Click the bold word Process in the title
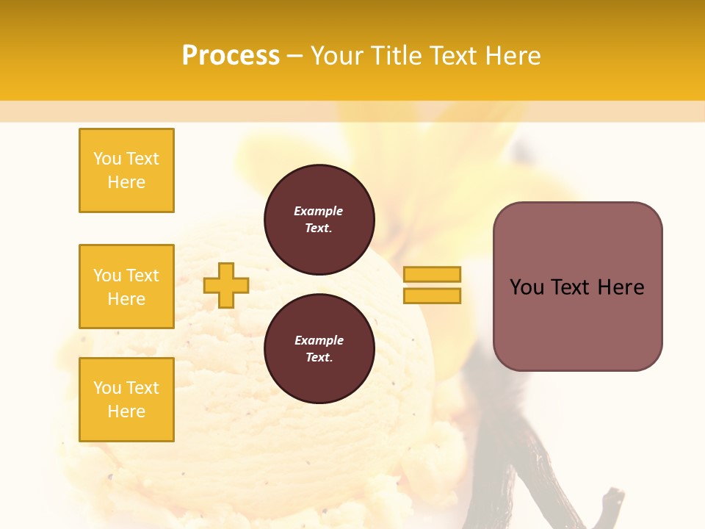[x=231, y=56]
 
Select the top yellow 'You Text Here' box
[x=126, y=170]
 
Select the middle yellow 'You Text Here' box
[x=126, y=287]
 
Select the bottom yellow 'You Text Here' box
[x=126, y=400]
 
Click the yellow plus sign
[x=226, y=285]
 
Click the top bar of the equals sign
[x=432, y=274]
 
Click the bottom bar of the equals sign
[x=432, y=296]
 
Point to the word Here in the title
[x=510, y=56]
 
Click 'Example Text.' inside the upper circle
[x=319, y=219]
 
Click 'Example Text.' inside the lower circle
[x=319, y=349]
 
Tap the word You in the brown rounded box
[x=527, y=287]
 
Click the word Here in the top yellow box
[x=126, y=182]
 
